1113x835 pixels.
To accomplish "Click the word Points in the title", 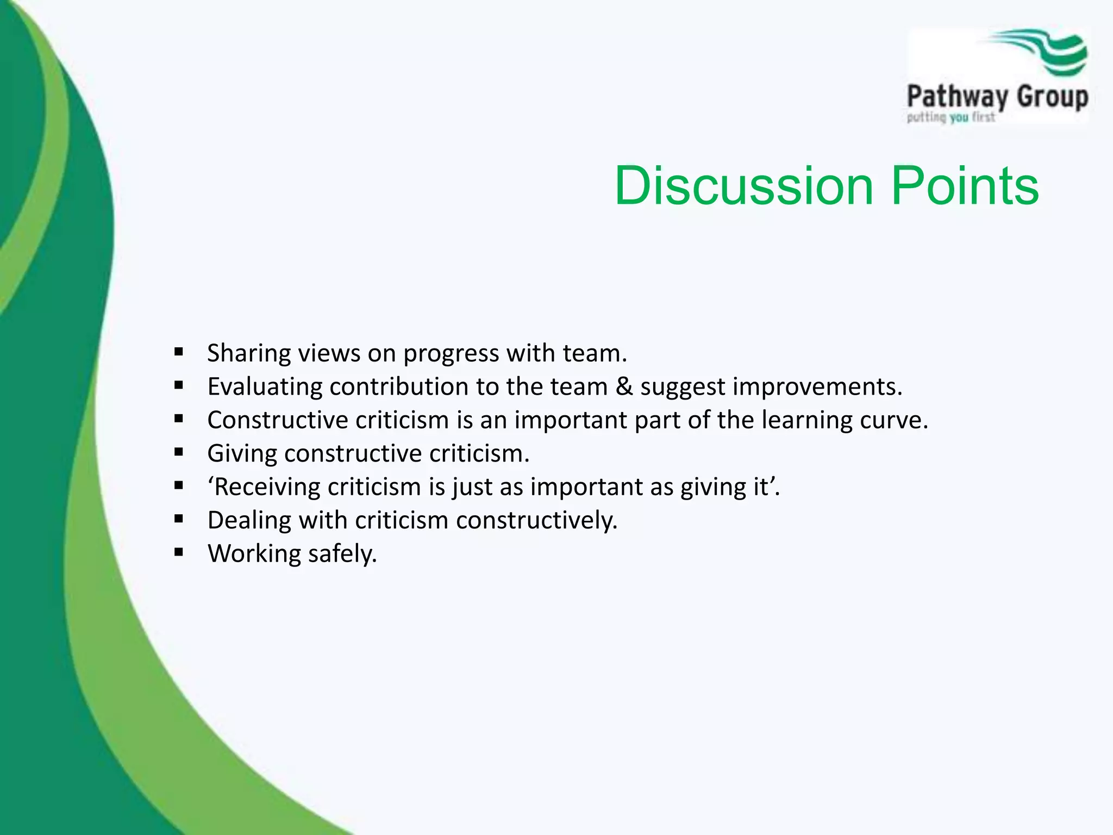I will point(965,186).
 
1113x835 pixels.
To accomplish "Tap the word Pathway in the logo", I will point(957,98).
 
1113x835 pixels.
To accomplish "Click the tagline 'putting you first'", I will point(951,117).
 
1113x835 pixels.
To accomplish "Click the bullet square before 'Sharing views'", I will point(179,352).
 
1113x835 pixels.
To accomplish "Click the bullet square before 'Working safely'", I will point(179,552).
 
